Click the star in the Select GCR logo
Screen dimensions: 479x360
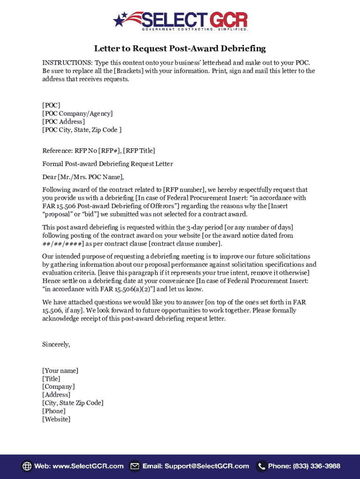(120, 20)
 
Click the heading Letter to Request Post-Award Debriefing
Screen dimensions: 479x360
(180, 49)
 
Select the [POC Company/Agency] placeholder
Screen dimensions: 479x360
(78, 114)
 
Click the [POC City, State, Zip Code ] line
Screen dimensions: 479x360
(82, 130)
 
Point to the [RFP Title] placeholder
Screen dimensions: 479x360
(139, 151)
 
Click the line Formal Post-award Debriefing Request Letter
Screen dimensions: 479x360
(108, 164)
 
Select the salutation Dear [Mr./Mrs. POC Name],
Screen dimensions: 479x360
(83, 177)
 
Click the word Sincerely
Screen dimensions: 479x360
(56, 345)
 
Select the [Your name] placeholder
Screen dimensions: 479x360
(60, 371)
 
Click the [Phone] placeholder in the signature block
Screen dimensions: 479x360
(54, 411)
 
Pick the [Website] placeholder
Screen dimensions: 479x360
(56, 419)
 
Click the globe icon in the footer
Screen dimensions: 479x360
(27, 466)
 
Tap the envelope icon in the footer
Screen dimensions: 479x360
(135, 466)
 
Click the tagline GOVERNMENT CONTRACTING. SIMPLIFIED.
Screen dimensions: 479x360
(194, 29)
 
